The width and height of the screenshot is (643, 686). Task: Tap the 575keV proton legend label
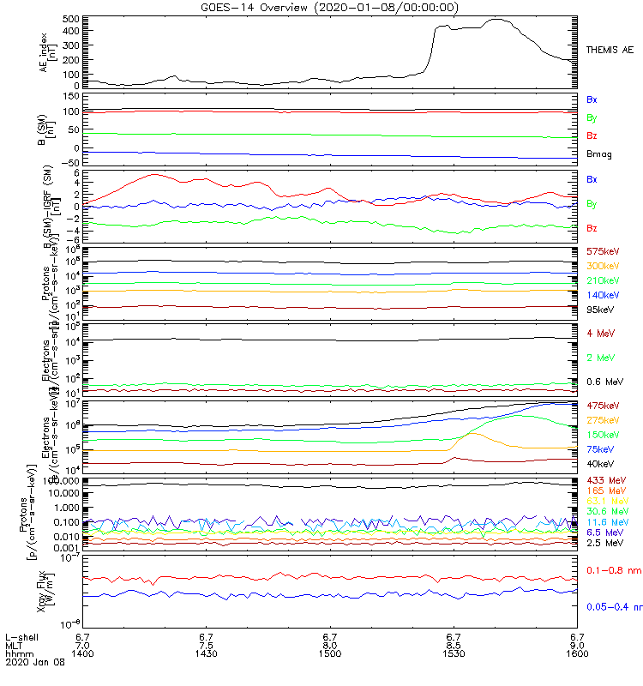tap(603, 251)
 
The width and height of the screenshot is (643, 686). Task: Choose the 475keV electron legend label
tap(603, 405)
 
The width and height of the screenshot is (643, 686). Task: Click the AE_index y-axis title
tap(47, 51)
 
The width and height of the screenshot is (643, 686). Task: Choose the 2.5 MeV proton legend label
tap(604, 543)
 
